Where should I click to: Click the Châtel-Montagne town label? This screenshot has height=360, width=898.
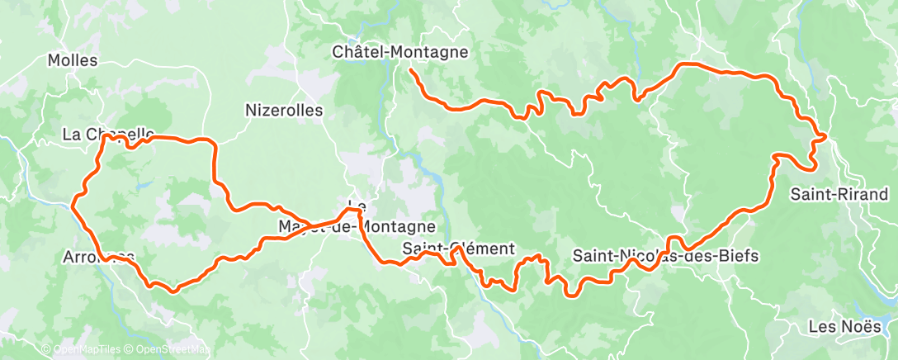[399, 52]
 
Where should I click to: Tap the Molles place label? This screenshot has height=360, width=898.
[73, 60]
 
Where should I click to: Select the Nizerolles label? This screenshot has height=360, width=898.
[284, 110]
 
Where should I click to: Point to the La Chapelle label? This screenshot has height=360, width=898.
[108, 134]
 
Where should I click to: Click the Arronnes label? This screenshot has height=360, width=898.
[97, 258]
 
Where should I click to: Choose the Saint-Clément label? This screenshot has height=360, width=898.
[458, 249]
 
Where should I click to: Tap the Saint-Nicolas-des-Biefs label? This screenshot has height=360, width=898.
[664, 256]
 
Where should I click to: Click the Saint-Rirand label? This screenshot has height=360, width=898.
[839, 195]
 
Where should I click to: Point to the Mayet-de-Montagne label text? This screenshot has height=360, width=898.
[357, 226]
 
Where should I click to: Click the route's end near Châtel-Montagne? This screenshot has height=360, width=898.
[410, 72]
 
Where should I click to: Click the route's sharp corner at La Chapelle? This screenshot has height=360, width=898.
[102, 137]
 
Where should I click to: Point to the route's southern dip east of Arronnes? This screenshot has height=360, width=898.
[173, 290]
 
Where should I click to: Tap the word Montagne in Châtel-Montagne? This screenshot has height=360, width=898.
[432, 52]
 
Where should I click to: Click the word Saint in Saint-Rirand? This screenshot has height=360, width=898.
[808, 195]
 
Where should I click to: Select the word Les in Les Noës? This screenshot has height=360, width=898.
[822, 326]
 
